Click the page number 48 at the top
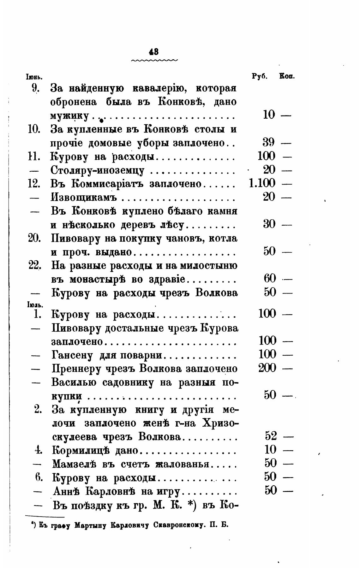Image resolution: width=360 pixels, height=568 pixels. point(154,51)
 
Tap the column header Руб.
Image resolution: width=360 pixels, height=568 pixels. point(260,76)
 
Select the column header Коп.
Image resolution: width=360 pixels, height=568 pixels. point(287,76)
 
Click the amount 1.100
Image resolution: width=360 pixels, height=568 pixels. point(262,183)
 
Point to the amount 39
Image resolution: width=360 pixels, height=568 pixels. point(269,142)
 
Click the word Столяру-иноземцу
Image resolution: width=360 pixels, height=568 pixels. point(98,170)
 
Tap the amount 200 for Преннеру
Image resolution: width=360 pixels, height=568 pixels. point(267,368)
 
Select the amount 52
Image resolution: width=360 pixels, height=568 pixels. point(271,436)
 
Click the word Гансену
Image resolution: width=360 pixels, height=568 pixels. point(73,355)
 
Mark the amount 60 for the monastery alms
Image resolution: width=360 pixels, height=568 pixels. point(270,278)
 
